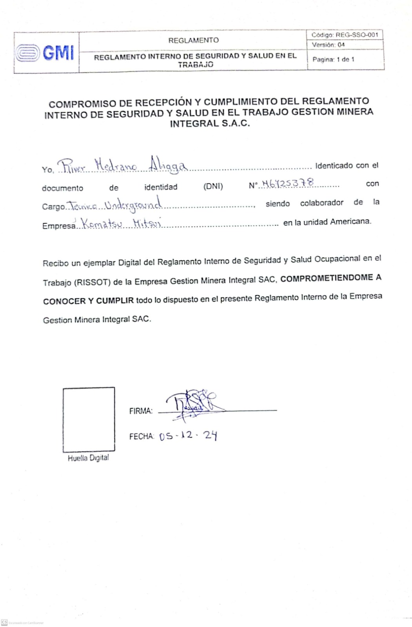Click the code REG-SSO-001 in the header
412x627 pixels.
click(x=356, y=35)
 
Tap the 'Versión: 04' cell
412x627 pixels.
click(x=328, y=45)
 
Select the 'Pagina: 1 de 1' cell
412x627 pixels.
click(x=333, y=60)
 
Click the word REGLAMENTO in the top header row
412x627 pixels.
click(x=193, y=40)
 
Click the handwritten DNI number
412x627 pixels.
click(x=287, y=183)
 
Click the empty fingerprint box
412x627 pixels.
click(x=89, y=419)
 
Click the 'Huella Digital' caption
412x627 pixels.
click(x=88, y=458)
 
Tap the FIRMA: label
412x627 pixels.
click(x=141, y=411)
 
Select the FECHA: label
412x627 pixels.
click(x=142, y=436)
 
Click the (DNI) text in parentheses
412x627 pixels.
click(x=213, y=186)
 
